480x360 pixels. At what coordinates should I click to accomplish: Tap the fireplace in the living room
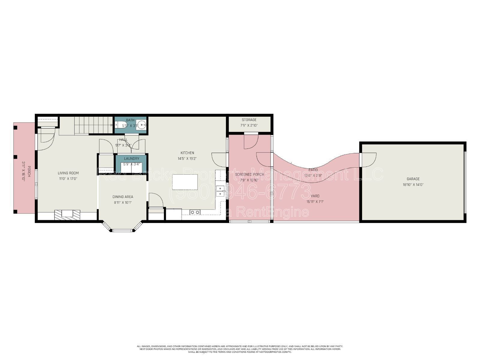pyautogui.click(x=67, y=215)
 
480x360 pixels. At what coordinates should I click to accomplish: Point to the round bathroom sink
pyautogui.click(x=142, y=125)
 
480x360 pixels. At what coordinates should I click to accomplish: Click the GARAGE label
pyautogui.click(x=413, y=179)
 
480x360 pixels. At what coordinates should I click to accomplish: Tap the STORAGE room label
pyautogui.click(x=249, y=120)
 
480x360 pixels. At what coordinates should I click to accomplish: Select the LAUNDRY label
pyautogui.click(x=132, y=159)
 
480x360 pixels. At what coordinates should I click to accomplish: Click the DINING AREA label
pyautogui.click(x=123, y=197)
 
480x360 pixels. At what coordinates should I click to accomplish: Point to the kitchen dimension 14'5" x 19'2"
pyautogui.click(x=187, y=158)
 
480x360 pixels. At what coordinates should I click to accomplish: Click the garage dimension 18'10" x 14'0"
pyautogui.click(x=413, y=185)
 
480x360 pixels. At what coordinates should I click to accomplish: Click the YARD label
pyautogui.click(x=315, y=196)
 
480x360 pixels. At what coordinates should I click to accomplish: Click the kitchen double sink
pyautogui.click(x=221, y=191)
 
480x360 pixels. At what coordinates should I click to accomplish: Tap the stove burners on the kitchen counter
pyautogui.click(x=195, y=212)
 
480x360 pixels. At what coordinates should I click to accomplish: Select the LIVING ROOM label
pyautogui.click(x=68, y=173)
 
